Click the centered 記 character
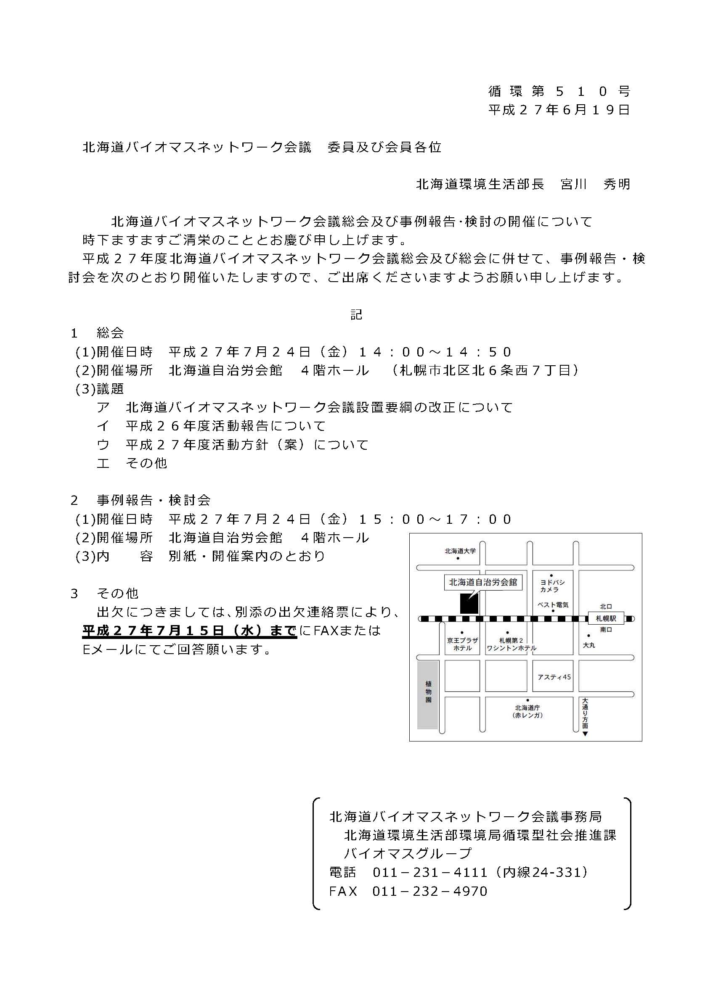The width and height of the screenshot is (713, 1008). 356,314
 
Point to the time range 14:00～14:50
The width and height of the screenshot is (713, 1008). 435,352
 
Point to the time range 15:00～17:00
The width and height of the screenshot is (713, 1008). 435,520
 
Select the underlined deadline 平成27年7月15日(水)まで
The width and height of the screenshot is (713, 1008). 189,631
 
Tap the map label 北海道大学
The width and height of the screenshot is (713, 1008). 459,551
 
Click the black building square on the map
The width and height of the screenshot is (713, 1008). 469,604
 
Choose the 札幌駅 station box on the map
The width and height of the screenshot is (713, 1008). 606,619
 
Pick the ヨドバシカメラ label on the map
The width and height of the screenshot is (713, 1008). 552,586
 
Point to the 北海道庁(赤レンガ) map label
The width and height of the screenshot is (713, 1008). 527,712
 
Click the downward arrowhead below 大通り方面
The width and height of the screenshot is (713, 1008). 585,734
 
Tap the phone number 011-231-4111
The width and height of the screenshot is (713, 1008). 429,872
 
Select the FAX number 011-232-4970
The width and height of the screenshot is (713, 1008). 429,891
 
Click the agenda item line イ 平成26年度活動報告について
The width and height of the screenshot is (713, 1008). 211,426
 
